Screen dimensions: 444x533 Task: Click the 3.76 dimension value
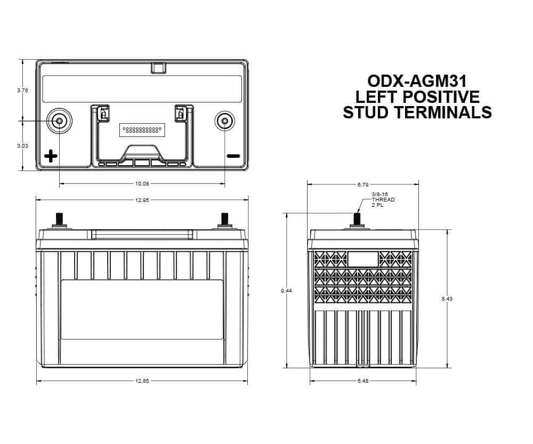pos(22,91)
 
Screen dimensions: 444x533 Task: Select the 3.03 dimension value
pos(22,146)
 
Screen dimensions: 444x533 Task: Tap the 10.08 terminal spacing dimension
pos(142,184)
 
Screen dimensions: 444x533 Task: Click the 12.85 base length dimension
pos(142,381)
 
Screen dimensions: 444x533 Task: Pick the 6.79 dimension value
pos(364,184)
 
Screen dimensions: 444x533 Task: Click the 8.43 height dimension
pos(447,299)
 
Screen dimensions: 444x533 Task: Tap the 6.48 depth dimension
pos(363,381)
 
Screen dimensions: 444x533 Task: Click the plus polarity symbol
pos(51,156)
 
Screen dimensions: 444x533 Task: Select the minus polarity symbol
pos(233,156)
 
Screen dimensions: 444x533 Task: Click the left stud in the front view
pos(59,219)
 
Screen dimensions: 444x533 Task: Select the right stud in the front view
pos(224,219)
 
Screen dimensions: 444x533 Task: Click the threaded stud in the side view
pos(358,219)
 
